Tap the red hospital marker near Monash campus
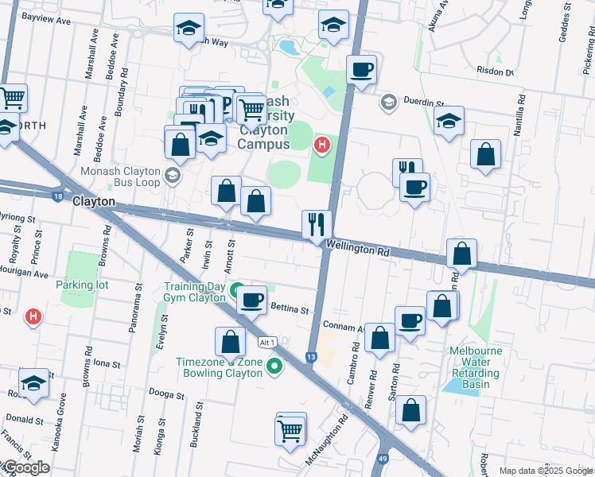pyautogui.click(x=321, y=145)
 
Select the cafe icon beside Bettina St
pyautogui.click(x=251, y=301)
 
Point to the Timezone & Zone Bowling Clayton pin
pyautogui.click(x=274, y=366)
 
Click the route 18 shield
pyautogui.click(x=57, y=196)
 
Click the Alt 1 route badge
pyautogui.click(x=267, y=342)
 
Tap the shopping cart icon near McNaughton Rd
pyautogui.click(x=290, y=430)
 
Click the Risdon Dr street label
pyautogui.click(x=494, y=72)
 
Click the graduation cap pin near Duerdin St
pyautogui.click(x=449, y=122)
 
